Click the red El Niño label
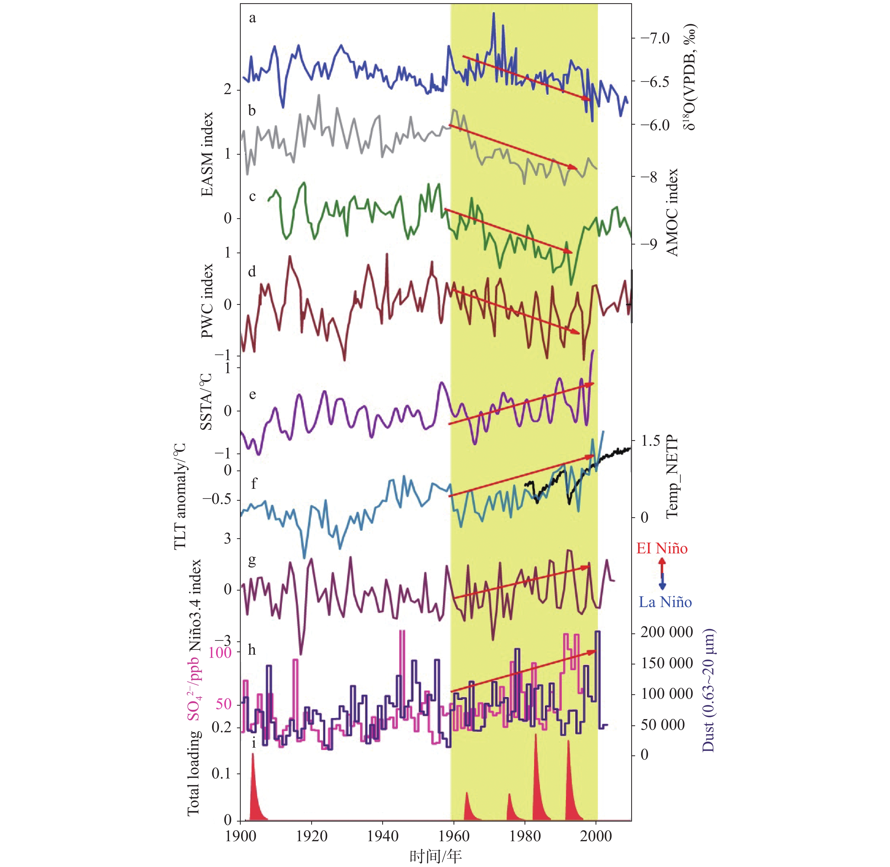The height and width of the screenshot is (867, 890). tap(662, 548)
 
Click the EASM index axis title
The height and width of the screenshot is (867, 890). tap(207, 154)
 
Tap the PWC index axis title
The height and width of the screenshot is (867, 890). tap(207, 301)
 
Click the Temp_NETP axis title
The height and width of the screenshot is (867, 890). tap(672, 477)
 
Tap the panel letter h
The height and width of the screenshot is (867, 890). tap(252, 650)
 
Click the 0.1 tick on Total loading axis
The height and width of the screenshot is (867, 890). tap(222, 774)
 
